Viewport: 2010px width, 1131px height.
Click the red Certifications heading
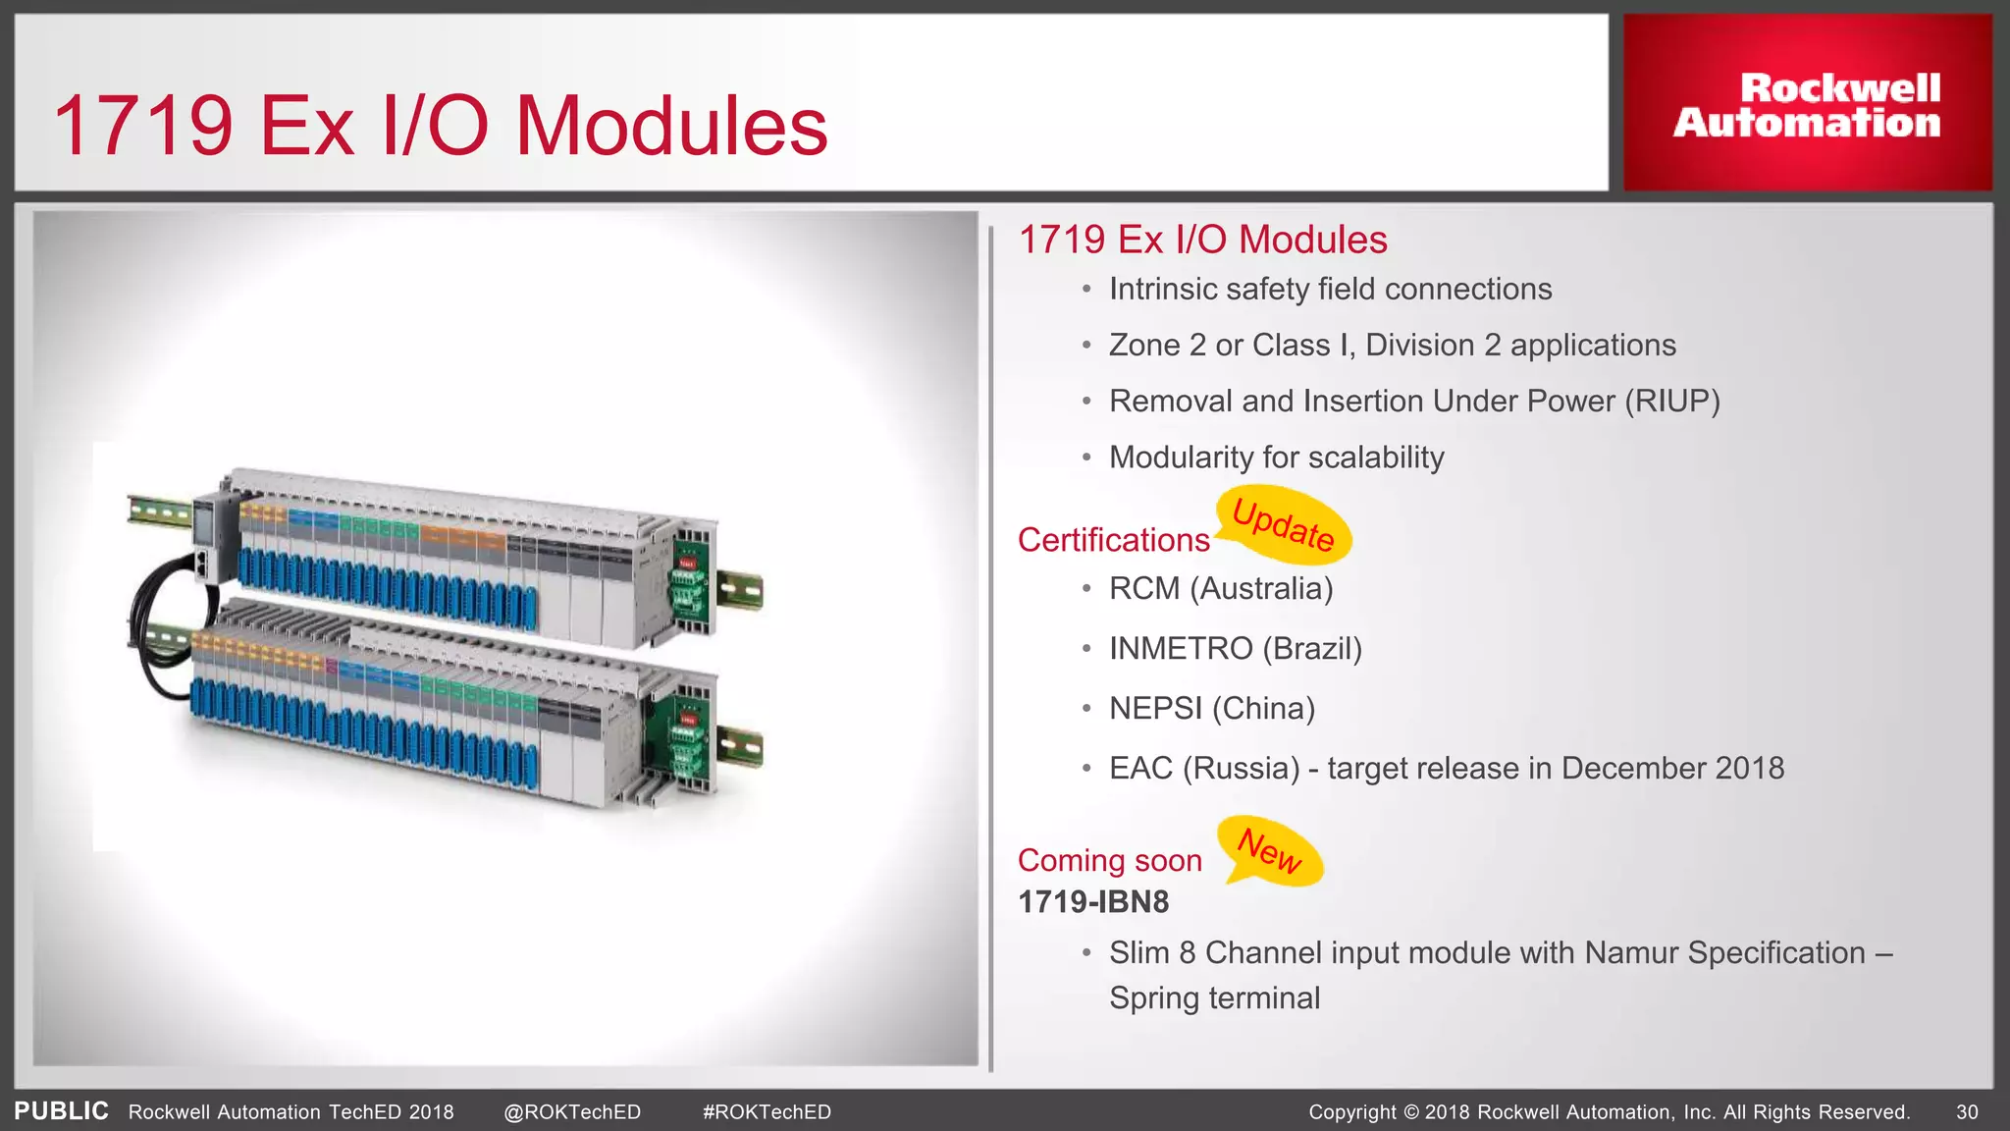tap(1113, 540)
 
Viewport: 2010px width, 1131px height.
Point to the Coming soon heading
tap(1109, 860)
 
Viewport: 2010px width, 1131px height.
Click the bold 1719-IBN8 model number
tap(1093, 901)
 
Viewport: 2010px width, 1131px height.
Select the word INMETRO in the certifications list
tap(1181, 649)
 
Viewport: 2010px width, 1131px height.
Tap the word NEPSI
tap(1155, 709)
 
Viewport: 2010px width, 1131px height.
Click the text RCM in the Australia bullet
tap(1144, 589)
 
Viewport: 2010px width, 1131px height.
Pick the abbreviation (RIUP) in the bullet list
tap(1671, 402)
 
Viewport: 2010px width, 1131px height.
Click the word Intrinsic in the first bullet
tap(1163, 290)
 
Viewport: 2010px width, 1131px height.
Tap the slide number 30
tap(1967, 1112)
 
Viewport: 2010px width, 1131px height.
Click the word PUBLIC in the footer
tap(61, 1111)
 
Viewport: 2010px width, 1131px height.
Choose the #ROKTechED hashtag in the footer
tap(767, 1112)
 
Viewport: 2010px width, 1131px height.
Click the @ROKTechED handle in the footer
tap(572, 1112)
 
